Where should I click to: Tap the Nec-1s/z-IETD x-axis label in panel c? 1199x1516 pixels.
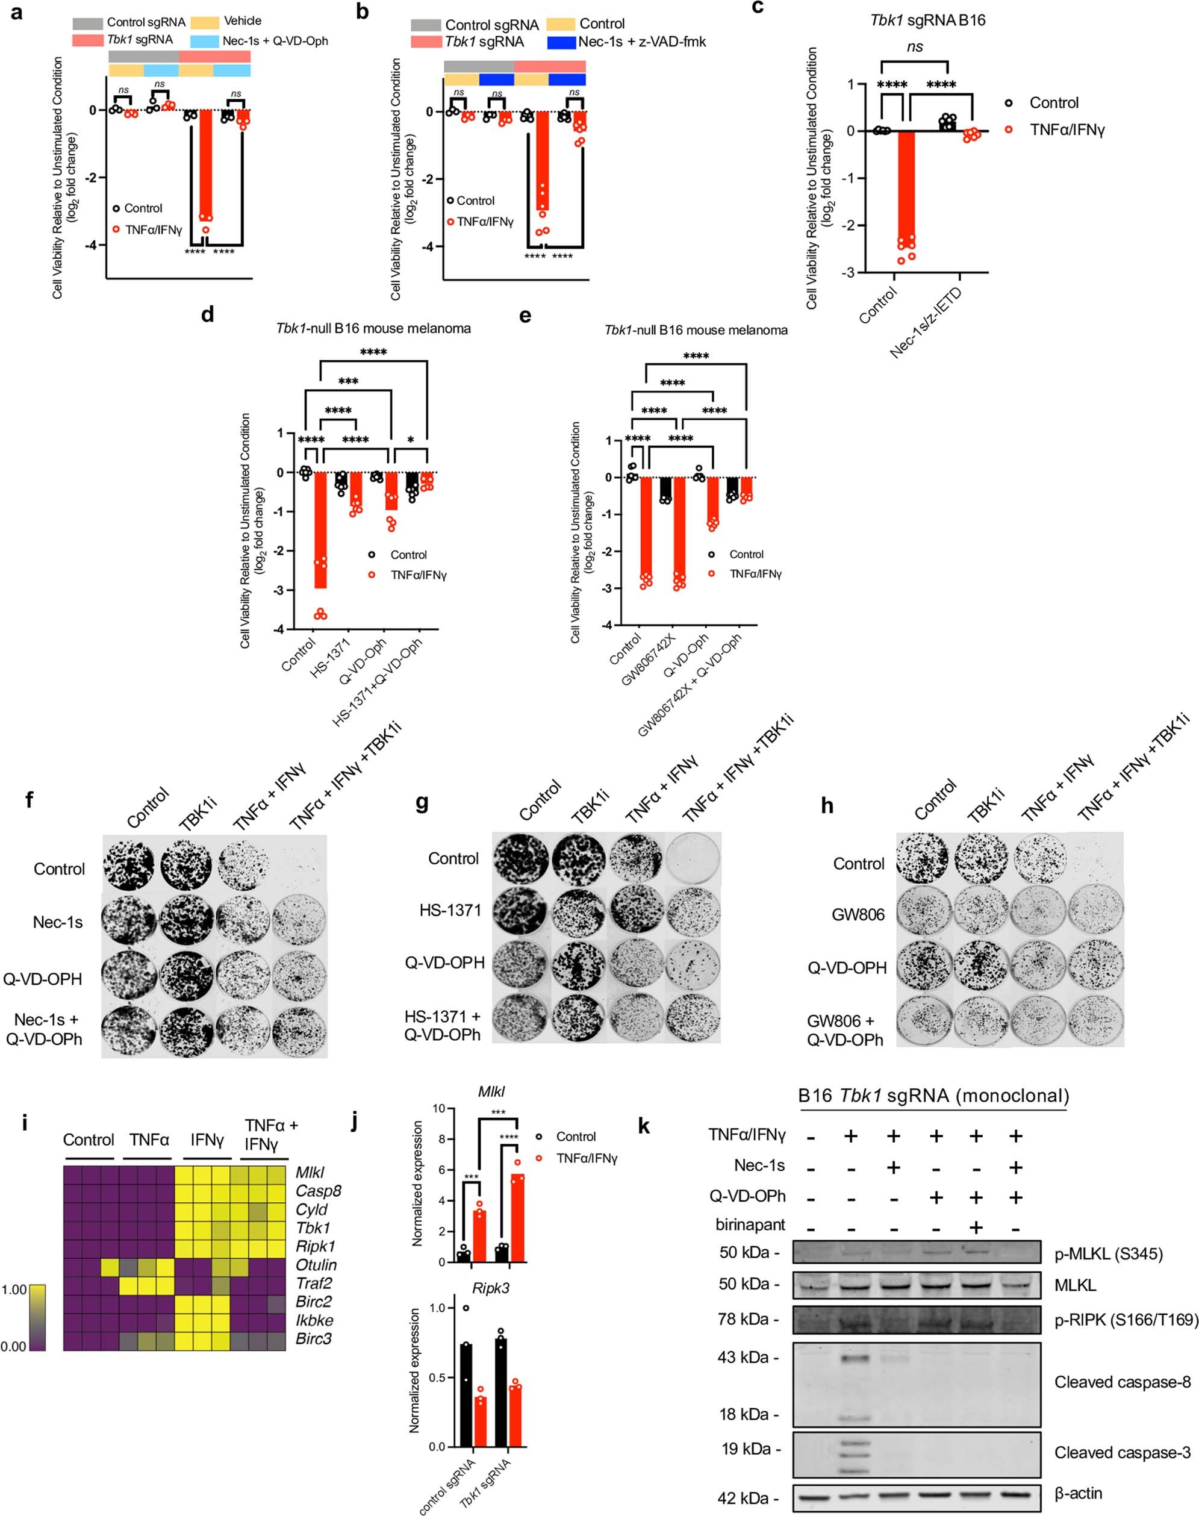click(x=926, y=323)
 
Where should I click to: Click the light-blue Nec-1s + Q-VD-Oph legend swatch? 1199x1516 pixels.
click(x=204, y=41)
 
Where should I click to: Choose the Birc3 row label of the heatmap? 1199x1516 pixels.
click(x=313, y=1338)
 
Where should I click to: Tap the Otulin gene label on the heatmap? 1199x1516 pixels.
click(x=316, y=1265)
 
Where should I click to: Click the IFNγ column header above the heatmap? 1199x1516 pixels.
click(x=207, y=1139)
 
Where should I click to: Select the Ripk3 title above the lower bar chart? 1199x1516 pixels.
click(x=491, y=1288)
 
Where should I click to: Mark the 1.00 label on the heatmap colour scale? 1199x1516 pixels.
click(x=13, y=1290)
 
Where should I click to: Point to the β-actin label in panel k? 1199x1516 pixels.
click(x=1079, y=1493)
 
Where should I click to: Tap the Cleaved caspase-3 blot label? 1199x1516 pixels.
click(x=1122, y=1452)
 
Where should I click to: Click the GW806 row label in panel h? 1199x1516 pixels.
click(x=858, y=914)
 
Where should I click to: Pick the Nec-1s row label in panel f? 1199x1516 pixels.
click(x=58, y=922)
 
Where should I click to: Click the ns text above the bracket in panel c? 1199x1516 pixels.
click(x=915, y=46)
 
